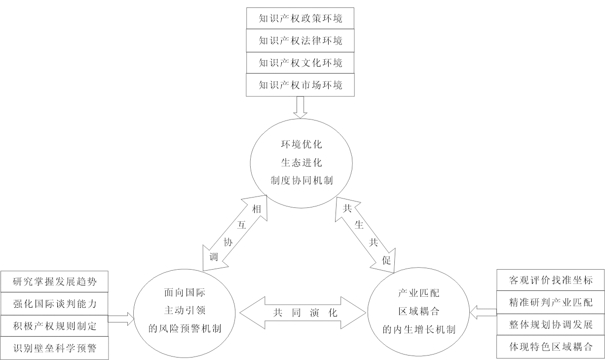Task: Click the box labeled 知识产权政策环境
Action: click(x=300, y=19)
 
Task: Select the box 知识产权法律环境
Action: click(x=300, y=41)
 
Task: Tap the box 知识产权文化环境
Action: click(x=300, y=63)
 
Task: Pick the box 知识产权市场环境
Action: click(x=300, y=85)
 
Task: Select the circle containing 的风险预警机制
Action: click(x=185, y=312)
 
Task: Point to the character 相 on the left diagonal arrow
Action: click(x=256, y=209)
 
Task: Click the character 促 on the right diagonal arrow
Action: click(x=386, y=261)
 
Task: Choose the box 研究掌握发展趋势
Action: click(x=54, y=282)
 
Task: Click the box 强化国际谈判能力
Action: click(x=54, y=304)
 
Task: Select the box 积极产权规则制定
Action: click(x=54, y=326)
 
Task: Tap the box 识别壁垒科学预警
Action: click(x=54, y=349)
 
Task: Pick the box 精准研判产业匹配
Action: click(x=550, y=302)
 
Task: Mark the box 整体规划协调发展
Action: click(x=550, y=324)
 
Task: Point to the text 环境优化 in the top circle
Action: click(x=301, y=146)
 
